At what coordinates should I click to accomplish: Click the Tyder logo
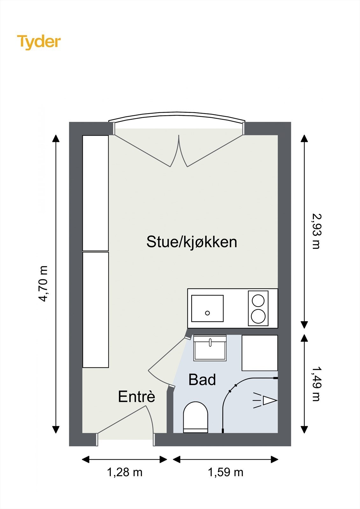39,42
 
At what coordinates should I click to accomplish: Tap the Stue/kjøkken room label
192,242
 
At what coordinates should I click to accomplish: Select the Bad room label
202,380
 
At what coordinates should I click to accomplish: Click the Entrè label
137,397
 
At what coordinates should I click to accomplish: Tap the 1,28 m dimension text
124,472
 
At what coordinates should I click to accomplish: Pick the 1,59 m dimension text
225,472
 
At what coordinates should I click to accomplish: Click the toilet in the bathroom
195,417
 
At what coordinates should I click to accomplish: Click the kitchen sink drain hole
207,313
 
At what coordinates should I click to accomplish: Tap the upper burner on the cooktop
258,301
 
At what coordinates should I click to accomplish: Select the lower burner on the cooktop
258,316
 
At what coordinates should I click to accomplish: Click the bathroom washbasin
210,348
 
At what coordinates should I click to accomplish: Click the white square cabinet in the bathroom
260,353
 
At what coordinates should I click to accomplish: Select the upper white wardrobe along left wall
95,193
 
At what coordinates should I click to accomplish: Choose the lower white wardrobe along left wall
95,310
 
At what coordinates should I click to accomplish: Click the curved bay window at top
177,116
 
